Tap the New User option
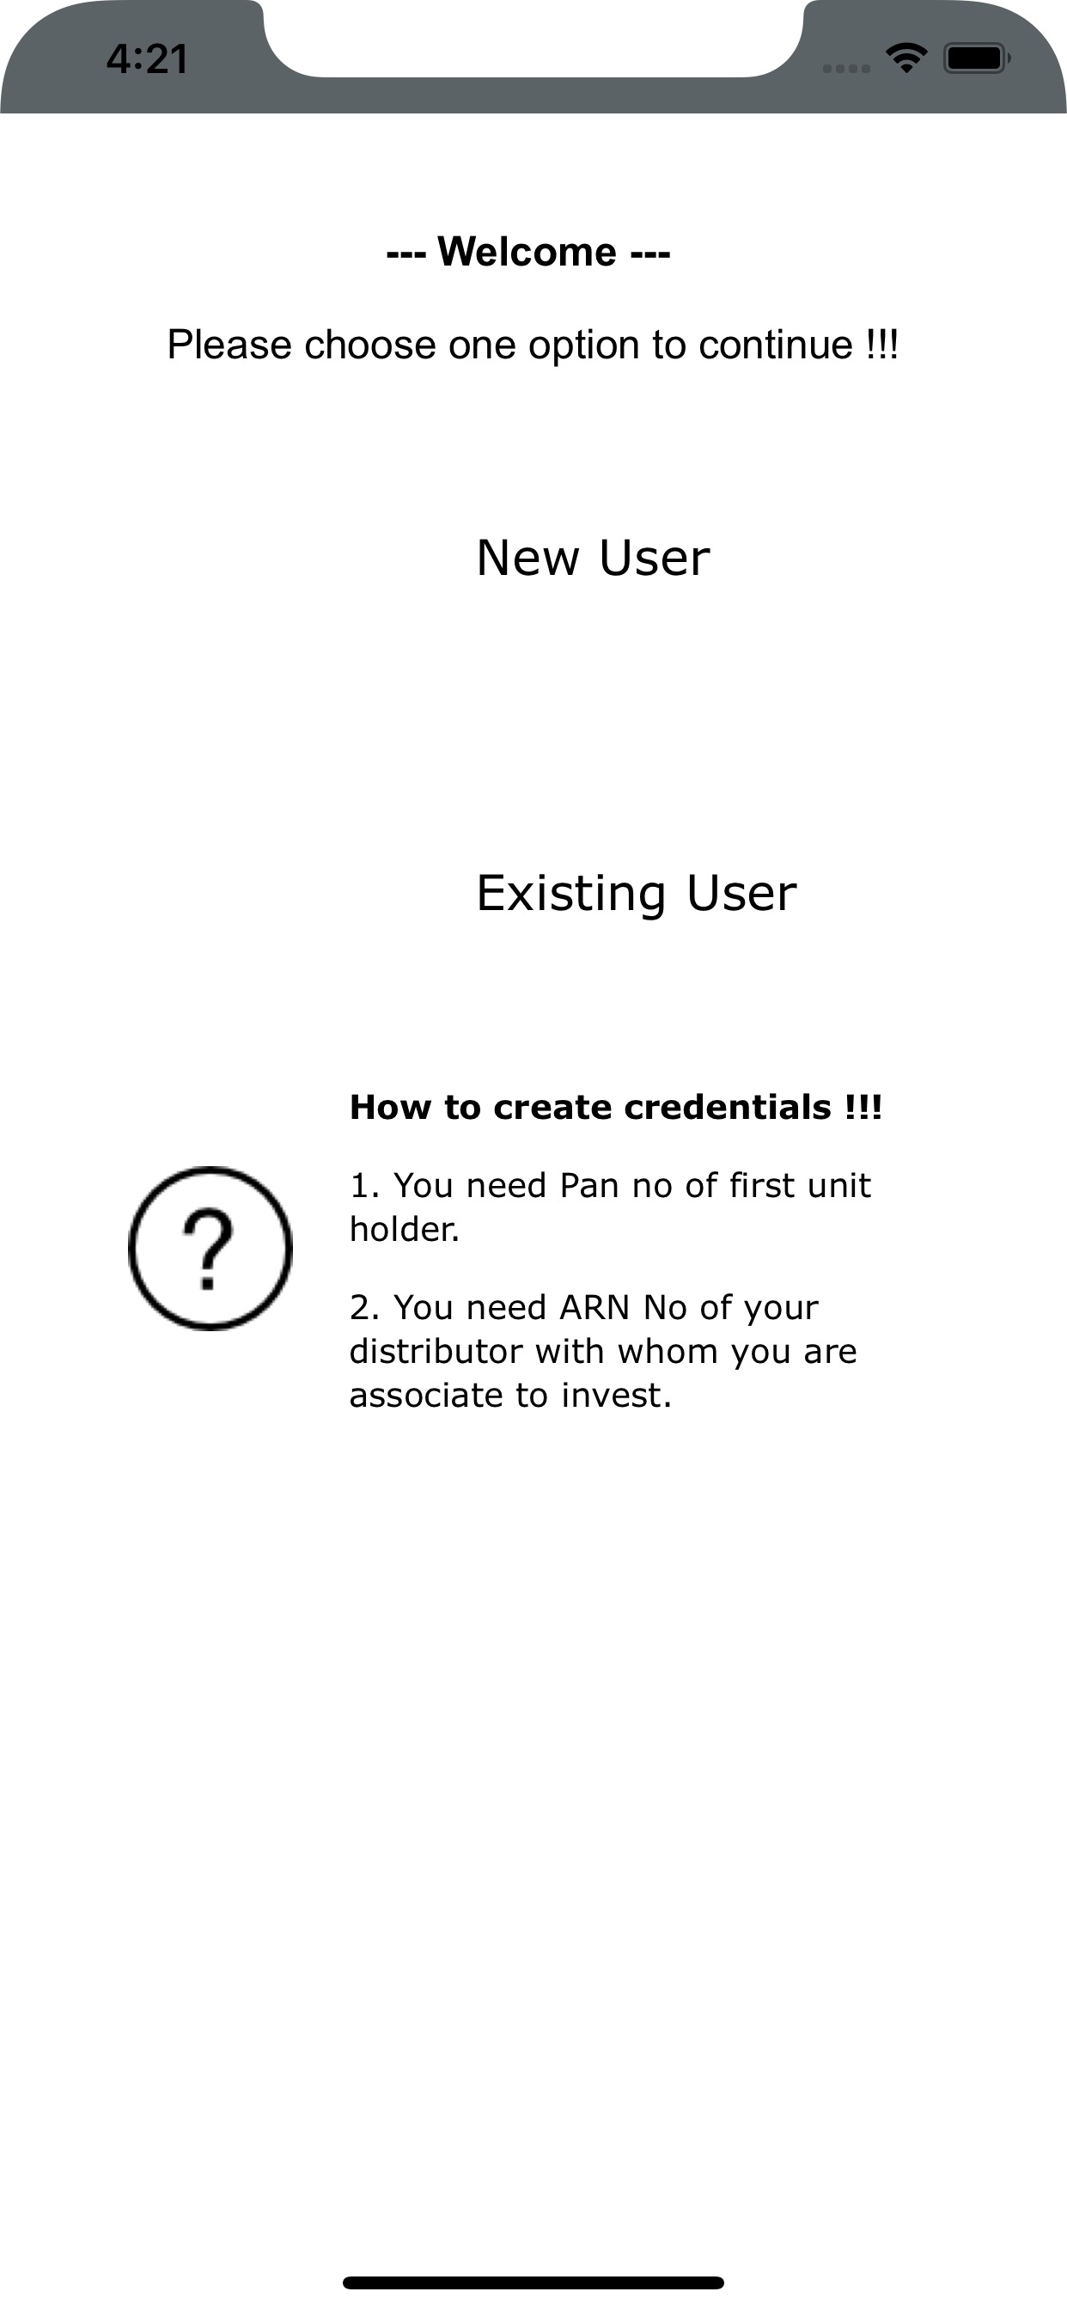[593, 558]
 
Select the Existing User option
[637, 893]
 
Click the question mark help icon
[210, 1249]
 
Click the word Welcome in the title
[527, 252]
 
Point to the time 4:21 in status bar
[147, 59]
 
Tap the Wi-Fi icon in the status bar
[906, 58]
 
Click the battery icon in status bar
[977, 59]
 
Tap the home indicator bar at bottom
[533, 2282]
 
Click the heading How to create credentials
[616, 1108]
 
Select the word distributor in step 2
[436, 1352]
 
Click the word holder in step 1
[405, 1230]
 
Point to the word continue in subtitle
[776, 345]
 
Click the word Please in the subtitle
[229, 345]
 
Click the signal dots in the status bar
[846, 68]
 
